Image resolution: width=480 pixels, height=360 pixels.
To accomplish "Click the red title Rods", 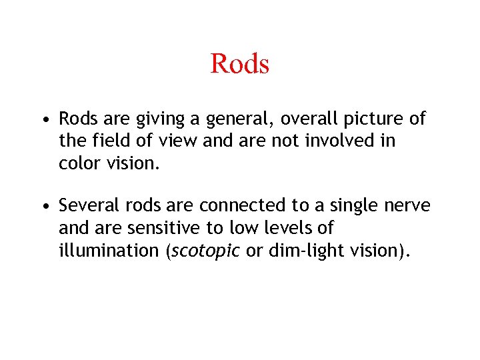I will pyautogui.click(x=239, y=64).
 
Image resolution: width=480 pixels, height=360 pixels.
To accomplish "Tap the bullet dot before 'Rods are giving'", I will pyautogui.click(x=43, y=121).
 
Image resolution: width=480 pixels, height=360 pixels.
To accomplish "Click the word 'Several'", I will pyautogui.click(x=86, y=207).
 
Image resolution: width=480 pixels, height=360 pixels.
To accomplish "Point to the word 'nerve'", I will pyautogui.click(x=406, y=207).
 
